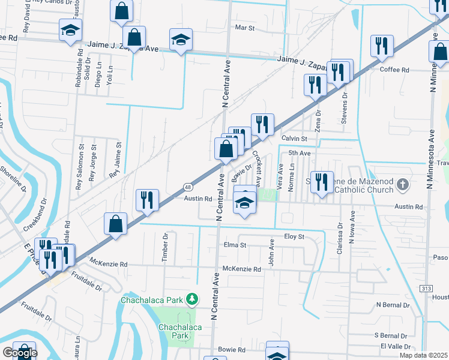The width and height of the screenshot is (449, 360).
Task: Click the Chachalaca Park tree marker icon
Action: [x=191, y=298]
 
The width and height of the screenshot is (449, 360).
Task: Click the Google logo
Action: [x=19, y=353]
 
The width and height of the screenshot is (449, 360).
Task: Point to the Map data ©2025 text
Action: [x=424, y=355]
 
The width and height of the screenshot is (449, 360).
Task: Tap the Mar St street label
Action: [x=245, y=28]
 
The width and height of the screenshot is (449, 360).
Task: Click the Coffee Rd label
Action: [x=394, y=70]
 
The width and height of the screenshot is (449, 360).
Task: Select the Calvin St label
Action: [x=294, y=139]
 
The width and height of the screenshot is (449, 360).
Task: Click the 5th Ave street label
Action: [x=299, y=154]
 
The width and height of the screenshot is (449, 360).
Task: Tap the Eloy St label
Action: [x=295, y=236]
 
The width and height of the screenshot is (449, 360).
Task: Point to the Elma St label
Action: [x=235, y=245]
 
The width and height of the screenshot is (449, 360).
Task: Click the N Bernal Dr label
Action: [x=391, y=305]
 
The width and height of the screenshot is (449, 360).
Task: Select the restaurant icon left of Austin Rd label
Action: [x=147, y=199]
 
